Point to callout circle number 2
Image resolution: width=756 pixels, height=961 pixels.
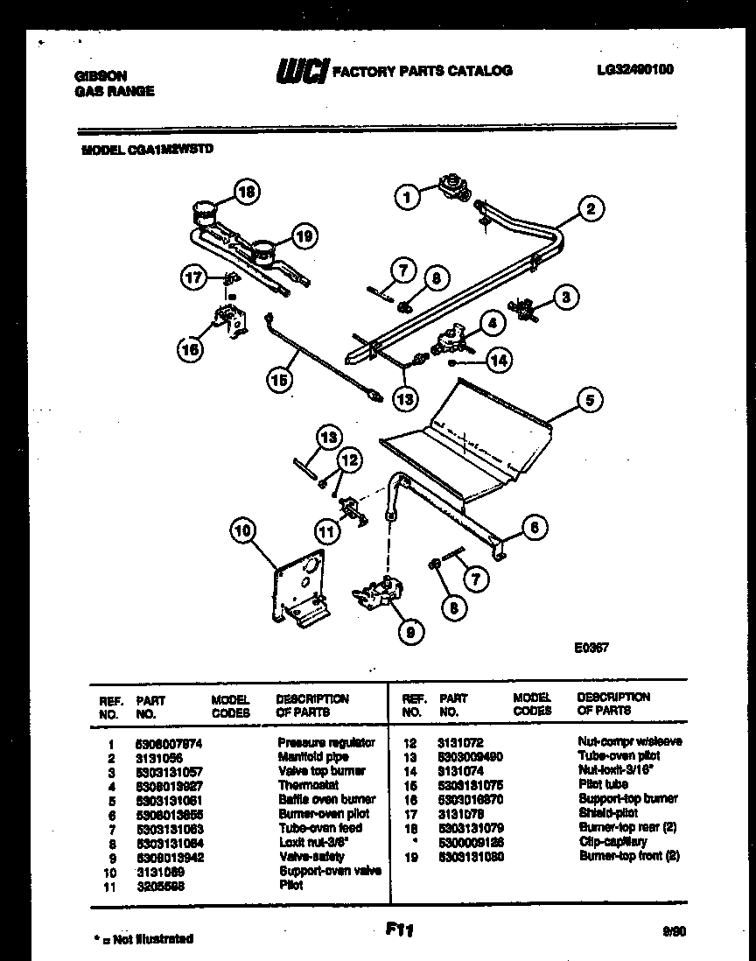(591, 208)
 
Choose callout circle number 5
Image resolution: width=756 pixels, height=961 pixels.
(590, 401)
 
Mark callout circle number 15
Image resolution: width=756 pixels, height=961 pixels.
(280, 379)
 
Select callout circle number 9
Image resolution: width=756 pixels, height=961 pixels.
(407, 630)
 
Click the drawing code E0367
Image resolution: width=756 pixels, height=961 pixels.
(591, 649)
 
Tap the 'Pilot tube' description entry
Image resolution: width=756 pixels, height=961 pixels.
(604, 784)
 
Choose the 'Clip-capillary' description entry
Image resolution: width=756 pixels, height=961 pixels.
(612, 841)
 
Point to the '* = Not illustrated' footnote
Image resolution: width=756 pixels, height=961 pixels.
(143, 939)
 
